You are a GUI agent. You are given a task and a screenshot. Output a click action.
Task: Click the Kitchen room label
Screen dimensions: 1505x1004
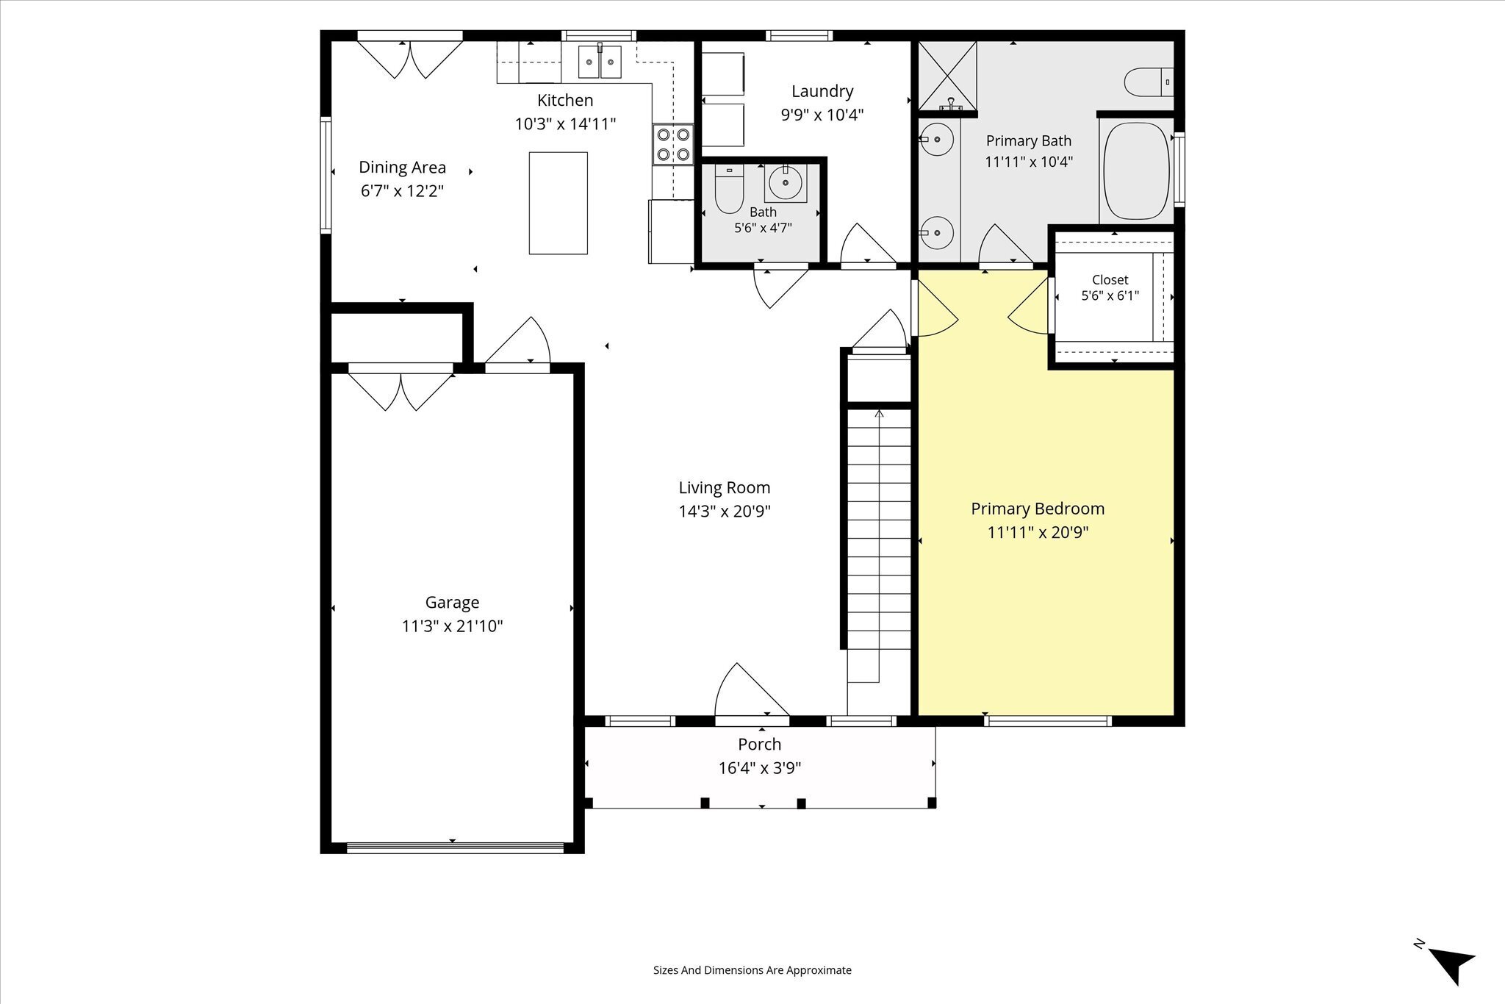coord(565,100)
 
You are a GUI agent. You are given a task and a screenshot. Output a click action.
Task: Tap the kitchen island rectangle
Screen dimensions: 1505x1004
coord(558,203)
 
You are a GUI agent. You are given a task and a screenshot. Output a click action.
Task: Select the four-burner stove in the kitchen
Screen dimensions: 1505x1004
coord(673,144)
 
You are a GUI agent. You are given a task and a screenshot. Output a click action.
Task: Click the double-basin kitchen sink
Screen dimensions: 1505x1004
coord(600,62)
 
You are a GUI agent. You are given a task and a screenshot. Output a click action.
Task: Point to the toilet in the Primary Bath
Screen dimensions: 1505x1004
coord(1149,82)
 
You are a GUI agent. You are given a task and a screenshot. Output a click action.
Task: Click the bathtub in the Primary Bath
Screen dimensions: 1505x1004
coord(1136,171)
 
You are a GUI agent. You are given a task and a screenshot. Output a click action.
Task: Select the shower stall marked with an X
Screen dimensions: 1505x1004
coord(948,75)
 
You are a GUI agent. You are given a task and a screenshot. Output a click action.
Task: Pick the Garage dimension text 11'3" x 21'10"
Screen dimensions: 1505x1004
coord(452,626)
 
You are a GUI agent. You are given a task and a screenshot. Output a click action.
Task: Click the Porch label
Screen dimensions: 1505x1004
coord(760,744)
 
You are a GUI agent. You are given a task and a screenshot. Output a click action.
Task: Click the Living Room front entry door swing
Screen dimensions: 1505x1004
coord(751,689)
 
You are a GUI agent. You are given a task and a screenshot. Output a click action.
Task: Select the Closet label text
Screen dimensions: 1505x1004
coord(1110,280)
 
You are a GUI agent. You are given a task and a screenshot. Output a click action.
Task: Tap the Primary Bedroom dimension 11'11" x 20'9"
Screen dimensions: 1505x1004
coord(1038,532)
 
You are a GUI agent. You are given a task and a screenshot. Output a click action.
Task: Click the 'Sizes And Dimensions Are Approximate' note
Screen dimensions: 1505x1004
coord(752,970)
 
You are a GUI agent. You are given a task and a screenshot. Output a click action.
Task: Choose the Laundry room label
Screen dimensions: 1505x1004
coord(822,91)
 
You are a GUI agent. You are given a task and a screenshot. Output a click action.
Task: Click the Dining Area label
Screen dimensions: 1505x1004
coord(402,168)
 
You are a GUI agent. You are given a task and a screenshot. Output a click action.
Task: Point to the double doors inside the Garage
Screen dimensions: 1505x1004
coord(401,391)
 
